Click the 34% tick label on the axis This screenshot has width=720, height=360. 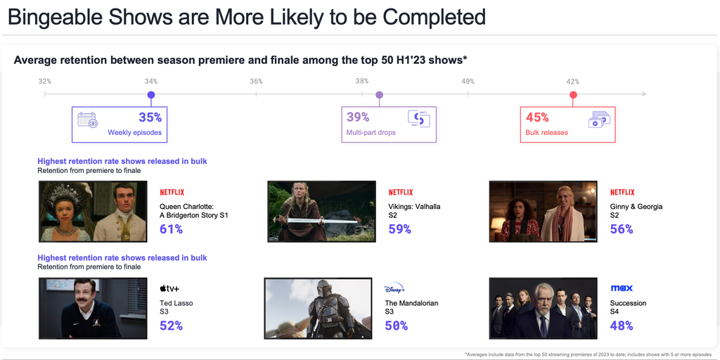point(150,82)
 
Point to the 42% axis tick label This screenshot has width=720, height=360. point(572,82)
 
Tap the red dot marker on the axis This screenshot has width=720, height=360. point(573,95)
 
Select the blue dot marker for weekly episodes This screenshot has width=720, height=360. point(151,95)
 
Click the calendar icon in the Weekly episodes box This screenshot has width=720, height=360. point(87,120)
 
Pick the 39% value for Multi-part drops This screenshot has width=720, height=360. point(358,117)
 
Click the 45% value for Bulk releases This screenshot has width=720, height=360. point(537,117)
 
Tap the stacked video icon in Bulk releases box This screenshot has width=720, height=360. point(599,120)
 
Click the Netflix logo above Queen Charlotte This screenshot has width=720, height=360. point(172,192)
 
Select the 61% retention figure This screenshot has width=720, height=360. point(172,229)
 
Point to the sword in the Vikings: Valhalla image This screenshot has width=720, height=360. point(317,221)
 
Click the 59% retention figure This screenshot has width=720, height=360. point(400,229)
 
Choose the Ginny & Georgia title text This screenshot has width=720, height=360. point(636,207)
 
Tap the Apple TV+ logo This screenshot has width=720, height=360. point(169,288)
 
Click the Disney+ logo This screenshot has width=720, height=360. point(394,289)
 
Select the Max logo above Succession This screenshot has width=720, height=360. point(622,288)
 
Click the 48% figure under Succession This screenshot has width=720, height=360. point(622,326)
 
